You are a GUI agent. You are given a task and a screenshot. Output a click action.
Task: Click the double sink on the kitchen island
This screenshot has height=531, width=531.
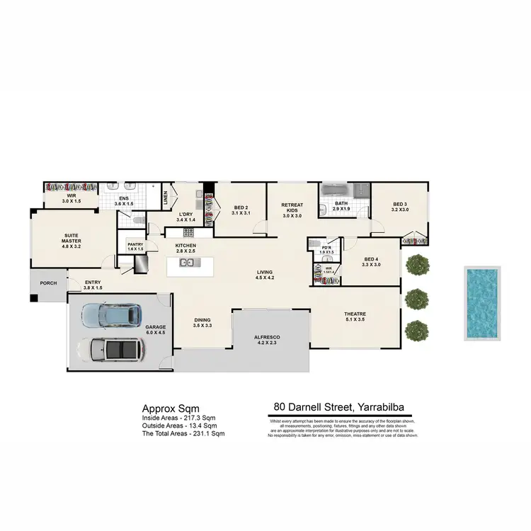pyautogui.click(x=188, y=263)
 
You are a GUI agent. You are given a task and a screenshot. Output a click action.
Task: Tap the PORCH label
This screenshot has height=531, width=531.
pyautogui.click(x=48, y=283)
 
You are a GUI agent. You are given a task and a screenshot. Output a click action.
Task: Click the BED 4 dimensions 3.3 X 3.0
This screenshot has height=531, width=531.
pyautogui.click(x=370, y=265)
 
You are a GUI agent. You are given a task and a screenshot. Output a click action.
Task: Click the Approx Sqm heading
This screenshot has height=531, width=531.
pyautogui.click(x=171, y=409)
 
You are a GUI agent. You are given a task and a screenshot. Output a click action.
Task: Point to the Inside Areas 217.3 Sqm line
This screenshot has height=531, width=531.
pyautogui.click(x=178, y=418)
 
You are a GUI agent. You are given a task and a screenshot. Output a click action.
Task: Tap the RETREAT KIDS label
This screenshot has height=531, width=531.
pyautogui.click(x=292, y=207)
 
